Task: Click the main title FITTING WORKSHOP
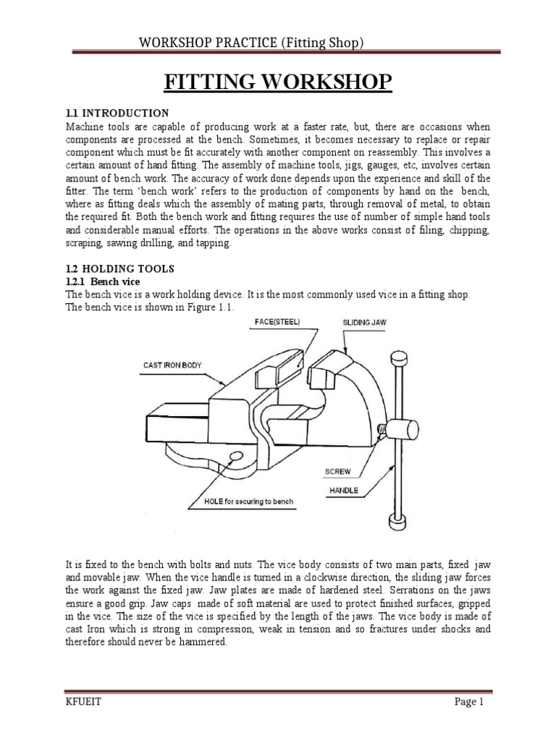point(277,82)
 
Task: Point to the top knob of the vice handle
point(398,358)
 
